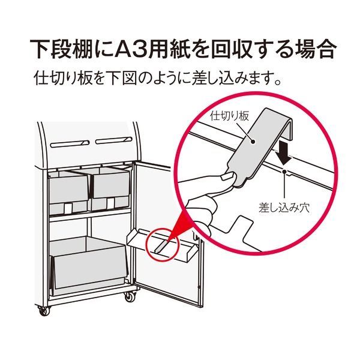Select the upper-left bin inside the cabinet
click(68, 191)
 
